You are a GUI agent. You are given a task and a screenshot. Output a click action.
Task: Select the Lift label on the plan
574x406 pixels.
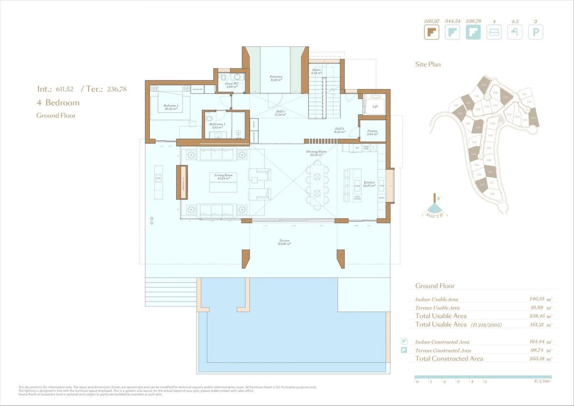click(375, 107)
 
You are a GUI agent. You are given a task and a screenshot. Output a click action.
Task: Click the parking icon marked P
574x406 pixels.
click(535, 32)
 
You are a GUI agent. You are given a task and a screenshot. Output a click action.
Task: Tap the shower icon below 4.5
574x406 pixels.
click(515, 32)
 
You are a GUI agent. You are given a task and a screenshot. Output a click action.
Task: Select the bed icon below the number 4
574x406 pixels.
click(494, 32)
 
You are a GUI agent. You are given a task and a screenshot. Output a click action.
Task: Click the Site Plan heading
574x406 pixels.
click(428, 64)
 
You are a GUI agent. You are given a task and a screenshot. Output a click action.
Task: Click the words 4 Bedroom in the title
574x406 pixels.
click(58, 102)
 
